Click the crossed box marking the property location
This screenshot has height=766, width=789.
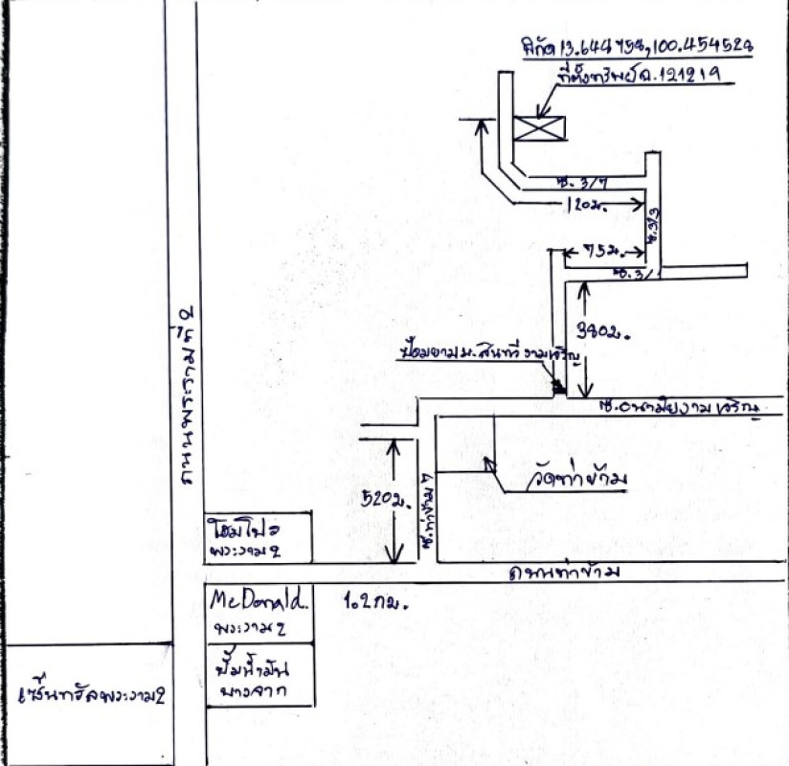[x=538, y=128]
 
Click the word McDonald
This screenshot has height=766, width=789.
[x=259, y=601]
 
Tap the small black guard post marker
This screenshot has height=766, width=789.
[x=559, y=387]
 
